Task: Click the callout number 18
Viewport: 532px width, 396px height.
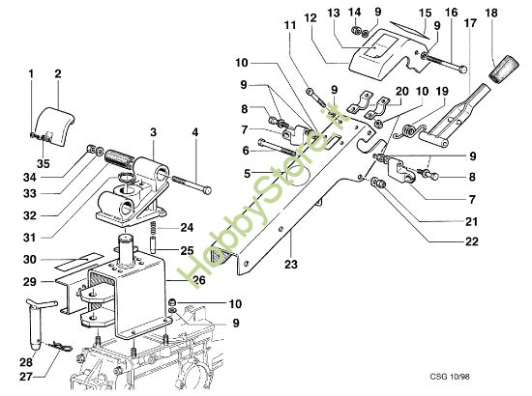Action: pyautogui.click(x=492, y=12)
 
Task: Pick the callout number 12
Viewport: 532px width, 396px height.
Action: pyautogui.click(x=310, y=18)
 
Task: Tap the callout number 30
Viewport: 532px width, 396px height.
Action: pyautogui.click(x=29, y=259)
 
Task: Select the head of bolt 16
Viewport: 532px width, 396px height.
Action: pyautogui.click(x=463, y=69)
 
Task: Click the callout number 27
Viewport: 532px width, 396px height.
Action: pyautogui.click(x=27, y=379)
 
